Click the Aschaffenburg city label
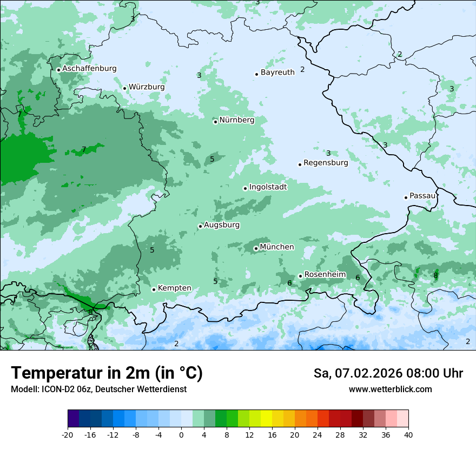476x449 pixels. (x=89, y=69)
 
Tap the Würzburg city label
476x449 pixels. (x=147, y=87)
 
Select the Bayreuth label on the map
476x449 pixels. (x=277, y=72)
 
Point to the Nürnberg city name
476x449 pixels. (x=236, y=120)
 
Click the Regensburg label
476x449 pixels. (x=326, y=163)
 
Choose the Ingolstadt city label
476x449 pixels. (x=268, y=187)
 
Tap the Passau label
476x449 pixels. (x=422, y=196)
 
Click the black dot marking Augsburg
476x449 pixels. (x=200, y=227)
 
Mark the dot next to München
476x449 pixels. (x=256, y=249)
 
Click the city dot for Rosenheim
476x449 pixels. (x=300, y=276)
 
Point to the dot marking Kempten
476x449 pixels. (x=154, y=289)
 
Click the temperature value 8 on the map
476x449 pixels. (x=435, y=276)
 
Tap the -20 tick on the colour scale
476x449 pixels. (x=68, y=434)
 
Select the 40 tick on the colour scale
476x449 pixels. (x=408, y=434)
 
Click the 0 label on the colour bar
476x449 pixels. (x=181, y=434)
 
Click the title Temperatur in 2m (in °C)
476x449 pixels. (x=107, y=373)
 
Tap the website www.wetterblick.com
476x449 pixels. (x=390, y=389)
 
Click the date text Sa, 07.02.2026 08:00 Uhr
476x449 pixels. (x=388, y=373)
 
